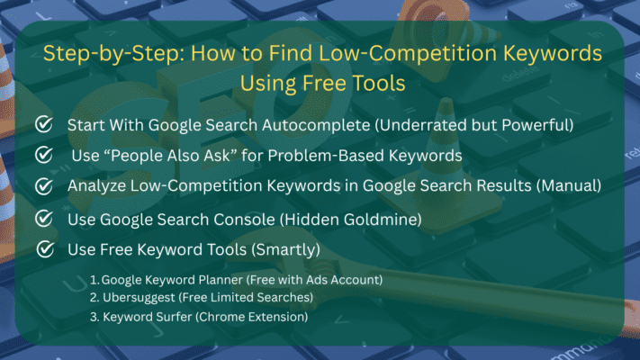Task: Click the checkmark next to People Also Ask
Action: pyautogui.click(x=42, y=156)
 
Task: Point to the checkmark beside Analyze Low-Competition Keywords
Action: pyautogui.click(x=42, y=186)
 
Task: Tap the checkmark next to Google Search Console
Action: pyautogui.click(x=42, y=218)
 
